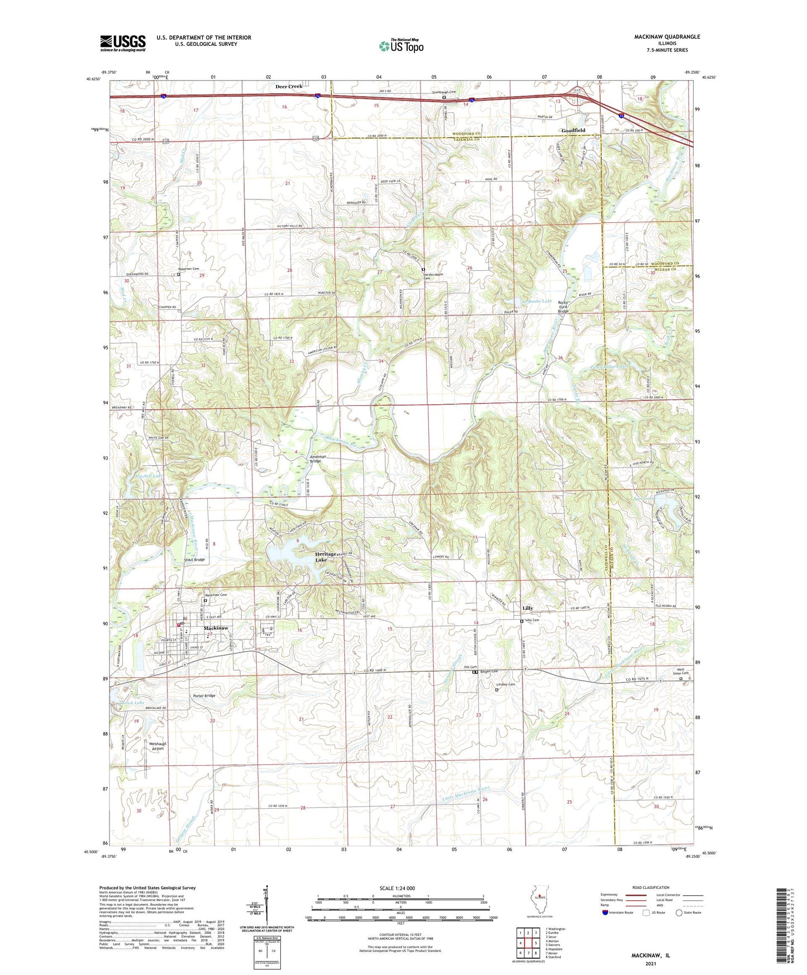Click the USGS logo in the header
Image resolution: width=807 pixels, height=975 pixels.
123,42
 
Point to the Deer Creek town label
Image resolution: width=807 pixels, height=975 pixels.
289,87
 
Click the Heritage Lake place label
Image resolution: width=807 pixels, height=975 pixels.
326,556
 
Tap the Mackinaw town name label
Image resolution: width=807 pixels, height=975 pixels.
216,628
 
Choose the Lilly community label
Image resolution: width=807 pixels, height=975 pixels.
527,608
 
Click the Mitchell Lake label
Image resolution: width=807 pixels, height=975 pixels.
150,476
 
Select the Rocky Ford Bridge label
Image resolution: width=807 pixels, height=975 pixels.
564,307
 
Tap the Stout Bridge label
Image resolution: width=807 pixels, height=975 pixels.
194,560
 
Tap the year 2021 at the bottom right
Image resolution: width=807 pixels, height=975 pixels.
650,963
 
